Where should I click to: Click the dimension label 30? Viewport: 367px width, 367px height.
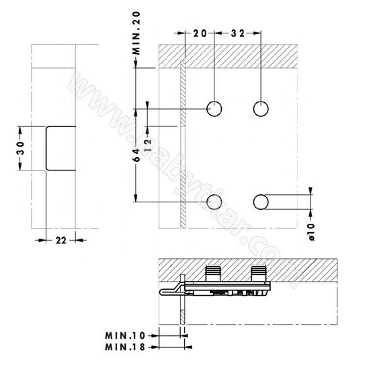coord(20,147)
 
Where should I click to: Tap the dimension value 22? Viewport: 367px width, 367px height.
coord(59,239)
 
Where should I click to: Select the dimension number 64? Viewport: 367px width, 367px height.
coord(136,156)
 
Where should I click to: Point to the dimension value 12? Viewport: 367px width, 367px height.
coord(148,128)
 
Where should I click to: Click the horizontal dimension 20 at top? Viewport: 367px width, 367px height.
coord(199,33)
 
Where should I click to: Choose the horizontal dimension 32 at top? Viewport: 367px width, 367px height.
coord(236,33)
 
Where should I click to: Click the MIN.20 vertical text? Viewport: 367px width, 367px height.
coord(136,32)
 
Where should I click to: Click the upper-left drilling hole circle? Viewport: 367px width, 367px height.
coord(214,108)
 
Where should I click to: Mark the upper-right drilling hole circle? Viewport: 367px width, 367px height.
coord(259,108)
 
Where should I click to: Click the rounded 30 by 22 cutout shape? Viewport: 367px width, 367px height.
coord(60,147)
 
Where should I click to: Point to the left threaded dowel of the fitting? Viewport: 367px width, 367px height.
coord(214,274)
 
